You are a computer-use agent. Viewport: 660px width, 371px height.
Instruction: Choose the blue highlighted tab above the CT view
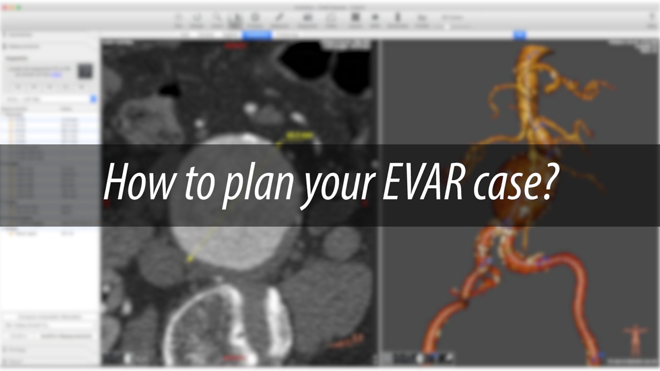tap(257, 35)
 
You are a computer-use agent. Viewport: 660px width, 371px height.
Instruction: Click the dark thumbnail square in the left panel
tap(85, 71)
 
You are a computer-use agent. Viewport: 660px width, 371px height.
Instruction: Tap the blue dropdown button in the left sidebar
tap(93, 99)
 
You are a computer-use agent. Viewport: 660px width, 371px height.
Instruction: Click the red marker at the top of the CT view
tap(236, 45)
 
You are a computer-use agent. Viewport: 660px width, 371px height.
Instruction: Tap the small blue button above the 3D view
tap(520, 35)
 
